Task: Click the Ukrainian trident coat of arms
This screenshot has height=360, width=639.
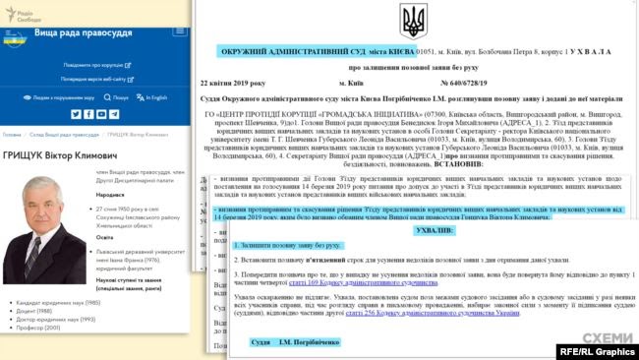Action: pos(413,20)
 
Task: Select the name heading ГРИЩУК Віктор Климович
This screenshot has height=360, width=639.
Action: pos(58,156)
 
